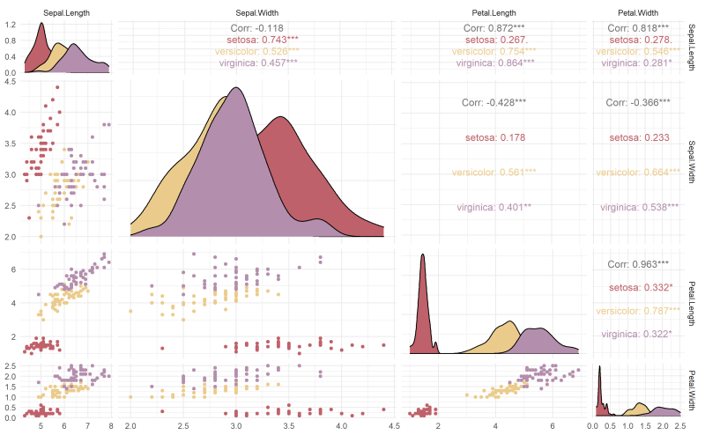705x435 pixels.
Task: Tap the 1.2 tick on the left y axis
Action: (11, 25)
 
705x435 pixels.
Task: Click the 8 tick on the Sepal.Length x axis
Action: (110, 425)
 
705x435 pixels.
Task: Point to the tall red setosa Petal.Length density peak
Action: (423, 257)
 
